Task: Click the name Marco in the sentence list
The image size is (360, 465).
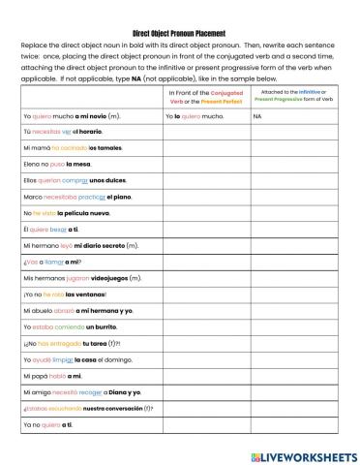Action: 31,197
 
